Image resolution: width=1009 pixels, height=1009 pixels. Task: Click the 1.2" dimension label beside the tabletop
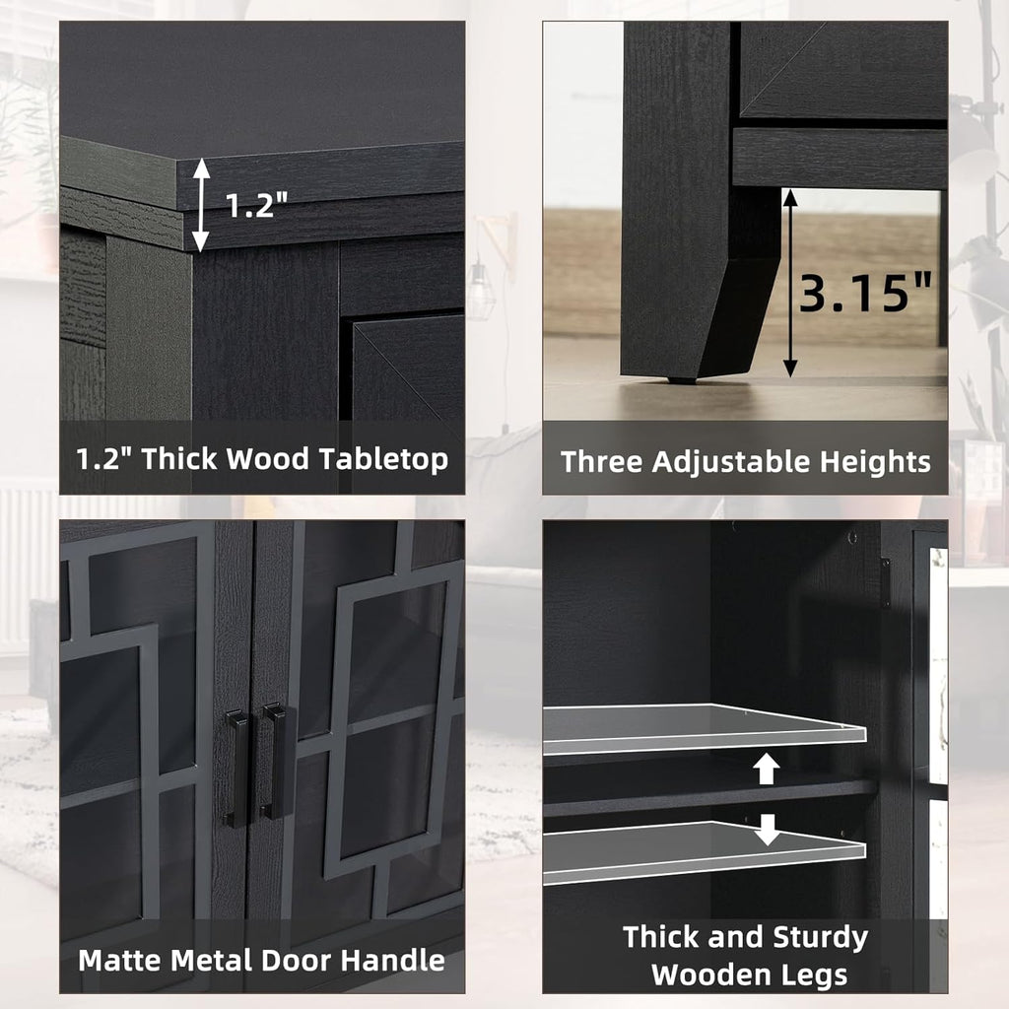click(255, 204)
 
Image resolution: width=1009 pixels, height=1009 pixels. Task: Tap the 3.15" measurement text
click(865, 292)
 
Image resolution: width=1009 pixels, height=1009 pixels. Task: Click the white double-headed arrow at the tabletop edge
click(201, 205)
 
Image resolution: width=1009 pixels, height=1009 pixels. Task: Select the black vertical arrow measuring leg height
click(790, 283)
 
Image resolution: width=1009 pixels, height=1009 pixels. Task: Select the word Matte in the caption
click(120, 960)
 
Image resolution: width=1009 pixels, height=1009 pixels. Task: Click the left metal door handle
click(236, 769)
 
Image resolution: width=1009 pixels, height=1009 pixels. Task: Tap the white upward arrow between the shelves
click(766, 769)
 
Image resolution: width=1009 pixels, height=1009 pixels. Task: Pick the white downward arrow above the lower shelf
click(767, 830)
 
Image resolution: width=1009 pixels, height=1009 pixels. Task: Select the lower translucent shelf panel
click(704, 852)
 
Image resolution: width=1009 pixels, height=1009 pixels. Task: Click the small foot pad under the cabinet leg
click(682, 379)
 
